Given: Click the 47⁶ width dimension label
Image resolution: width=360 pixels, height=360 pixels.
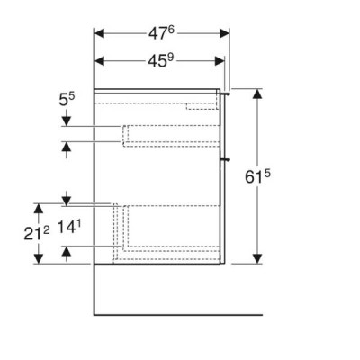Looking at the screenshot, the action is click(161, 33).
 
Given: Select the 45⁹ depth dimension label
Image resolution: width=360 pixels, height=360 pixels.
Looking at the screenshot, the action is click(161, 61).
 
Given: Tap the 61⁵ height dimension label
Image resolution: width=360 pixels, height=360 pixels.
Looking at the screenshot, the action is click(257, 176).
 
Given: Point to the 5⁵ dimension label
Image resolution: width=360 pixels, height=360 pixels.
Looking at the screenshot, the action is click(67, 99).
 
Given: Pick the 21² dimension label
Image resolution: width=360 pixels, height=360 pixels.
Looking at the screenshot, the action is click(37, 233).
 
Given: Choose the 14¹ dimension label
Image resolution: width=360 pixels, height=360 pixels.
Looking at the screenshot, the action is click(69, 227).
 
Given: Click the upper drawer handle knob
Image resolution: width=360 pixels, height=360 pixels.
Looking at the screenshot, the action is click(225, 94).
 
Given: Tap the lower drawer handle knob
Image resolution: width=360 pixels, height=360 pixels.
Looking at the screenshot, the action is click(225, 159).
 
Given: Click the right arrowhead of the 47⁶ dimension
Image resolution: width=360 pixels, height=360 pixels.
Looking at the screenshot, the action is click(224, 33).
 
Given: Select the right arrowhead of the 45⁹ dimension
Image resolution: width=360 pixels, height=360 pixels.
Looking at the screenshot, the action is click(220, 61).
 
